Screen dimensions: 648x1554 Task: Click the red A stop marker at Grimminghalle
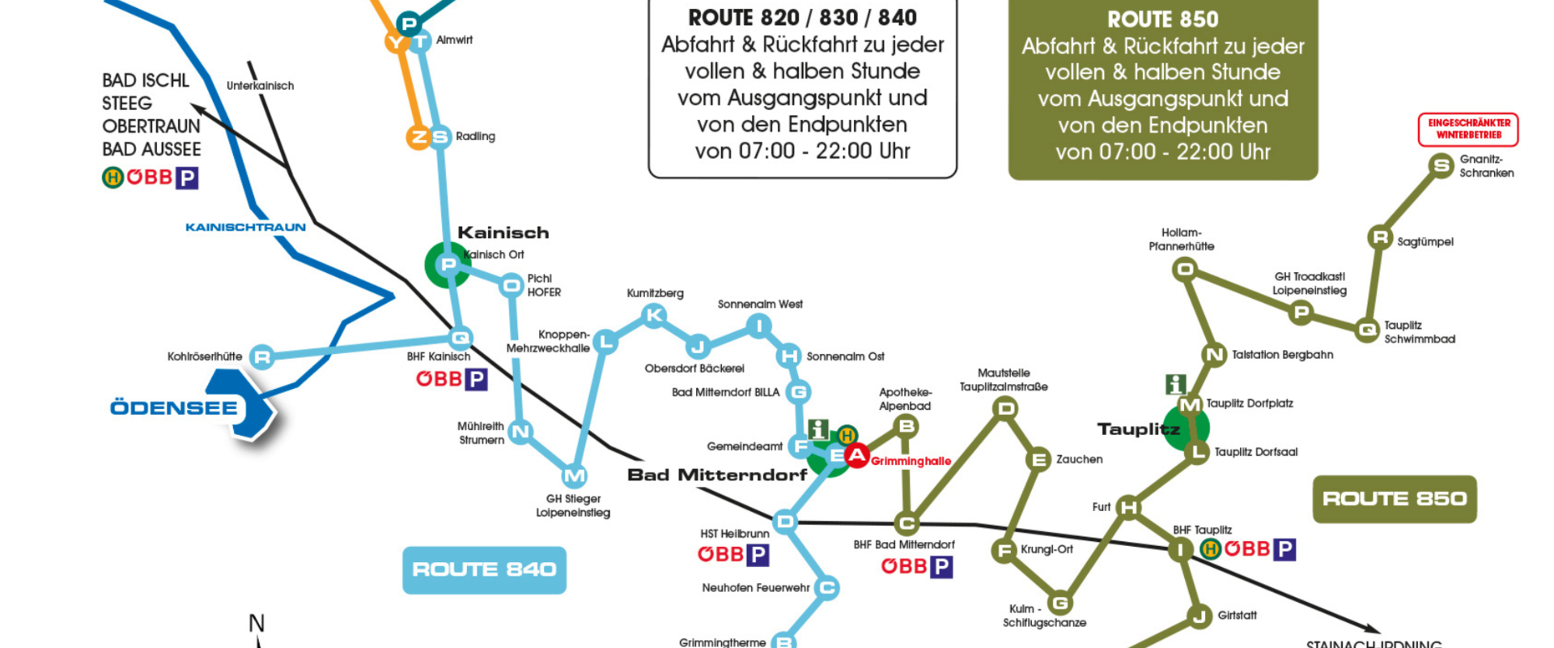856,456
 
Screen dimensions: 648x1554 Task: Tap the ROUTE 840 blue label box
484,569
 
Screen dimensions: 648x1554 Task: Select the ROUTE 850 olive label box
1394,498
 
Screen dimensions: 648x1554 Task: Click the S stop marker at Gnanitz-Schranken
1441,166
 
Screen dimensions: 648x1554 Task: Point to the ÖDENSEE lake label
174,407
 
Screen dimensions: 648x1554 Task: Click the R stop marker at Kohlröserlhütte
261,356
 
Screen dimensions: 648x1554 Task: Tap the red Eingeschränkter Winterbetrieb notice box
1468,130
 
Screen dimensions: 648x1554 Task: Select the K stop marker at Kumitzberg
654,315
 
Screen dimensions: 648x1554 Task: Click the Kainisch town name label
503,232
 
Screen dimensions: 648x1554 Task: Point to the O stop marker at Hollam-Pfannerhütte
1185,269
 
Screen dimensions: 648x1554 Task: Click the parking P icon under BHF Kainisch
476,379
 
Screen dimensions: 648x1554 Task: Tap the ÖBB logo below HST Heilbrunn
720,555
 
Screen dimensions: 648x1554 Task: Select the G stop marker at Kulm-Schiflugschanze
1059,603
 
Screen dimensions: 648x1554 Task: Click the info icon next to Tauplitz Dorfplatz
1175,384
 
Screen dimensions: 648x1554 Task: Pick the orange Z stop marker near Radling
418,137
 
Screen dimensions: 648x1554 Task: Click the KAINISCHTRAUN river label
245,228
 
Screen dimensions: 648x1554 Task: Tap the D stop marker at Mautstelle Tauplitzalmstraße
1005,408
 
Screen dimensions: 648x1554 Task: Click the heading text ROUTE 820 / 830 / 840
802,18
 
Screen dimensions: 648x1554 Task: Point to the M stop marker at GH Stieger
574,476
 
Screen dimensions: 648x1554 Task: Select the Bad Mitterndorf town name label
717,475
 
